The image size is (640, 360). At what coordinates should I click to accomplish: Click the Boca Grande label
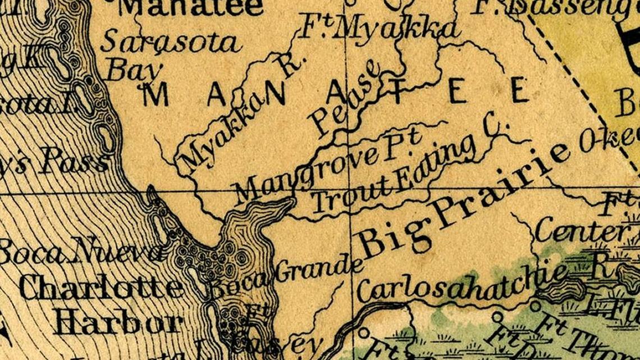[x=286, y=278]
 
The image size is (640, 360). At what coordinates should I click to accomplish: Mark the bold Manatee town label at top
[x=191, y=7]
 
